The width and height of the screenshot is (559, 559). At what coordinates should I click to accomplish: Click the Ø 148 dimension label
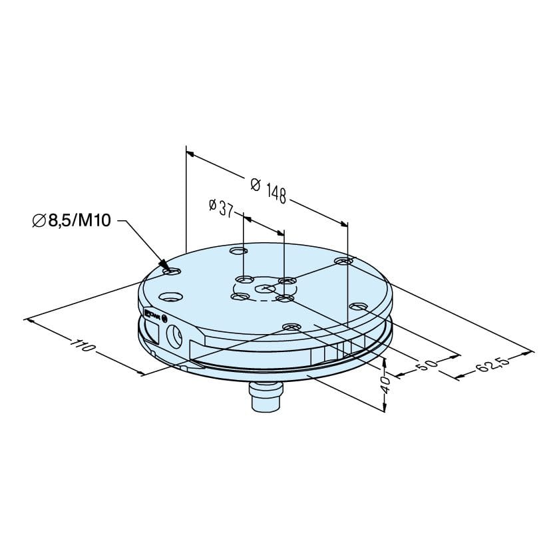pos(268,191)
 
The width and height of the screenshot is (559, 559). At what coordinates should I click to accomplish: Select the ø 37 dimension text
pos(221,208)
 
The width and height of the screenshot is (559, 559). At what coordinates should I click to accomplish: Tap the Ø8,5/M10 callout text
pos(72,221)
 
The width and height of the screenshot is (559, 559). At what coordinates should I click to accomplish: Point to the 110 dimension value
pos(83,345)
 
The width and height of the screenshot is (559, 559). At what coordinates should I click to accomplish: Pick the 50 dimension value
pos(426,365)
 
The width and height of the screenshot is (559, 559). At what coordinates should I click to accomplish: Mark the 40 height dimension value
pos(385,385)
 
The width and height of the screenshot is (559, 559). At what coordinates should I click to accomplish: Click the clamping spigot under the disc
pos(266,396)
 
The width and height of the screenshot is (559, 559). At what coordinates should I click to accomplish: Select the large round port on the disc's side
pos(174,335)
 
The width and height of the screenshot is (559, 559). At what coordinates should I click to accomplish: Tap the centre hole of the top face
pos(265,287)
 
